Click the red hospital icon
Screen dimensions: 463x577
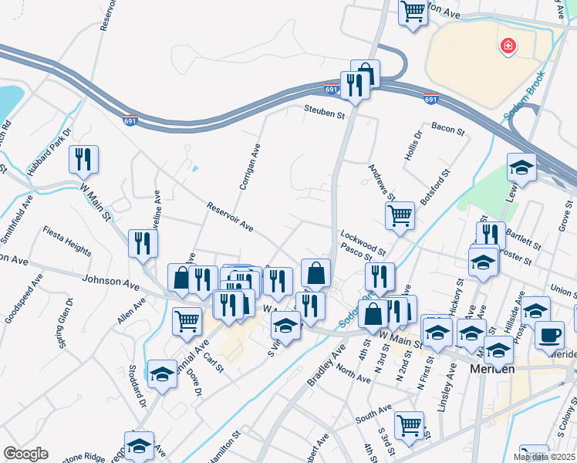pyautogui.click(x=508, y=47)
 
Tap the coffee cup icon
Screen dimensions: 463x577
pyautogui.click(x=549, y=334)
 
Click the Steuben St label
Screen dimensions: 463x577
pyautogui.click(x=323, y=113)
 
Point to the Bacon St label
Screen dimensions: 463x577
pyautogui.click(x=448, y=128)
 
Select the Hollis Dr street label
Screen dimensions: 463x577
pyautogui.click(x=414, y=145)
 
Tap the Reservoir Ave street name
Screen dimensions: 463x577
pyautogui.click(x=230, y=217)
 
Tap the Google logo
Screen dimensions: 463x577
pyautogui.click(x=25, y=454)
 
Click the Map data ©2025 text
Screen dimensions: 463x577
pyautogui.click(x=544, y=457)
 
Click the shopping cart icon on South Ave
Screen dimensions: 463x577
pyautogui.click(x=409, y=424)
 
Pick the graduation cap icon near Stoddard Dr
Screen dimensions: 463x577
pyautogui.click(x=162, y=373)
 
